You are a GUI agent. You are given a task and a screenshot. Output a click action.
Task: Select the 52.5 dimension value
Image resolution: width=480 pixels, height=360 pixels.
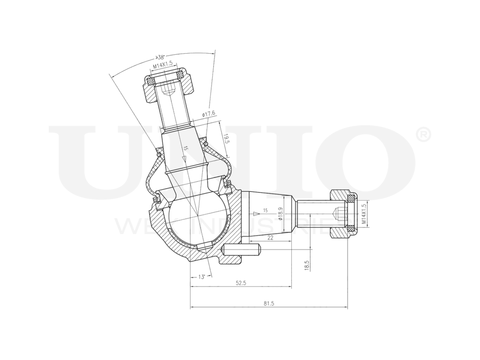coord(241,283)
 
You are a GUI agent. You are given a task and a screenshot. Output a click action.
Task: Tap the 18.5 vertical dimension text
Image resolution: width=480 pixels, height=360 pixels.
coord(307,264)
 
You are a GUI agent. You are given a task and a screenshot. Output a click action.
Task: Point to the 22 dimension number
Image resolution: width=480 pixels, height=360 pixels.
coord(270,238)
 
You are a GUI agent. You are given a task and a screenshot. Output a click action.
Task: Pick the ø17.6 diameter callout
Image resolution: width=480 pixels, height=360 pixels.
coord(209,114)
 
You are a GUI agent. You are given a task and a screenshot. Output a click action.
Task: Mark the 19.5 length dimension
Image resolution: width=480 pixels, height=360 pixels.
coord(227,140)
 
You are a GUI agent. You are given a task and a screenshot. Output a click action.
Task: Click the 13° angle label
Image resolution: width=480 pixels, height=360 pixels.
coord(202,277)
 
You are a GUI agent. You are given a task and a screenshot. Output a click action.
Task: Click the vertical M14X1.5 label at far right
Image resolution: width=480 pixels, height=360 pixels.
coord(364,214)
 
